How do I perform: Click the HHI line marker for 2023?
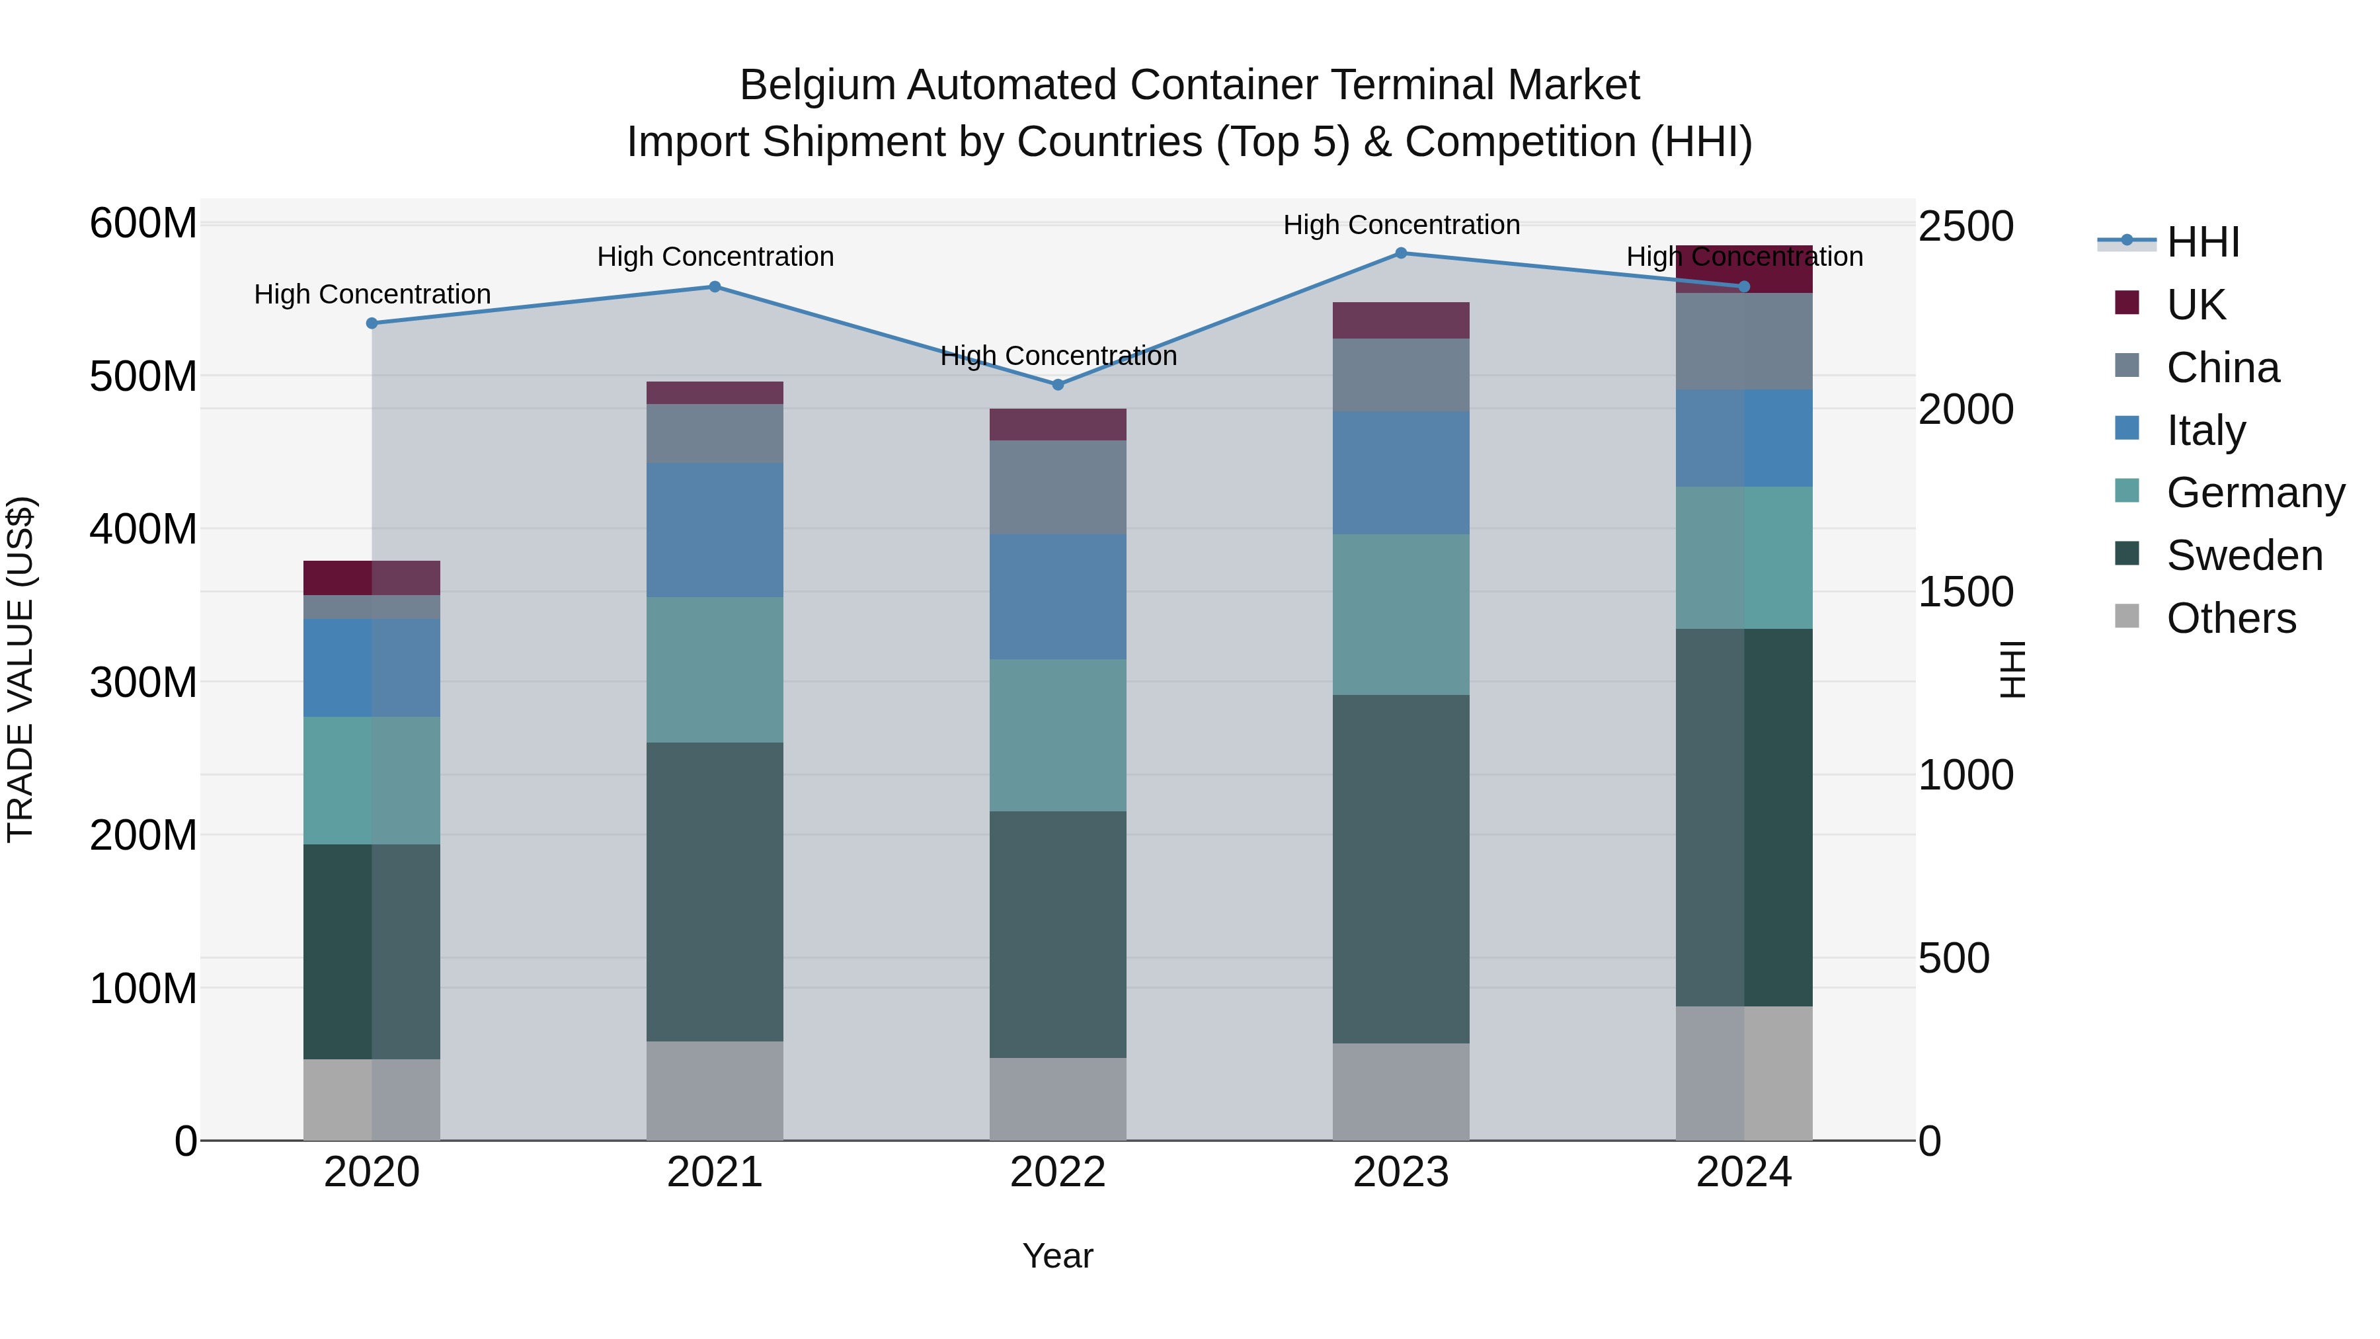tap(1401, 253)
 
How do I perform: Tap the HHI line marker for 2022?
tap(1058, 384)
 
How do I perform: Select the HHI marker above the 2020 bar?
tap(372, 323)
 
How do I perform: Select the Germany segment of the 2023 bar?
tap(1401, 614)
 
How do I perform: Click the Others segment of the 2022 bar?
tap(1058, 1099)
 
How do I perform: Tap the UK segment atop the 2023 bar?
tap(1401, 320)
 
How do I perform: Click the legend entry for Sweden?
tap(2243, 555)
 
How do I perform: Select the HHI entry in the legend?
tap(2203, 242)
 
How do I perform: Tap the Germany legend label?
tap(2254, 493)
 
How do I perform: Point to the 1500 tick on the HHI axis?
tap(1965, 592)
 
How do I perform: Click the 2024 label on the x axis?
tap(1743, 1172)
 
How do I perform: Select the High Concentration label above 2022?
tap(1058, 356)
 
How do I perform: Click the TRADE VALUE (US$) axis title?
tap(20, 669)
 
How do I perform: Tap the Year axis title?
tap(1058, 1256)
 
